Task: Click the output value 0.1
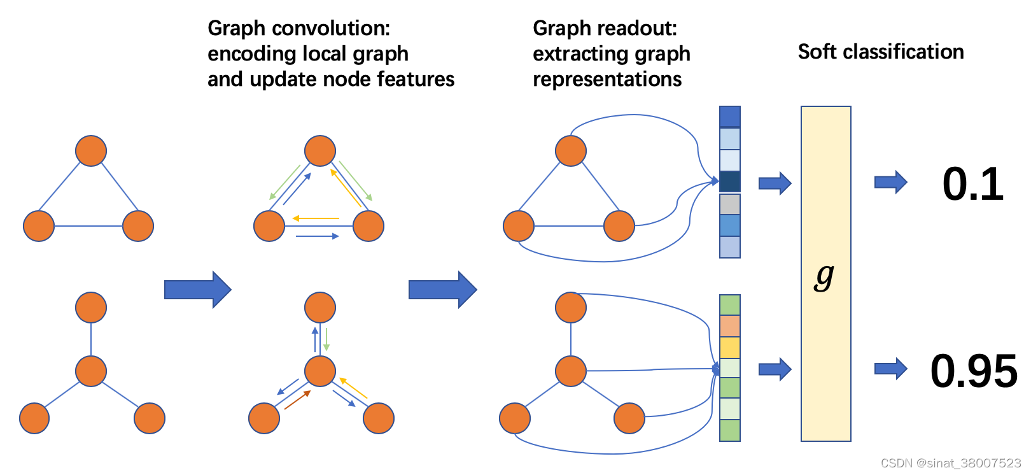972,185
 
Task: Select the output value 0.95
974,371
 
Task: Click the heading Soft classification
881,52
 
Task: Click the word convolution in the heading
331,28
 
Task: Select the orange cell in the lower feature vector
730,326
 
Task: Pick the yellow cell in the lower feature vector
730,348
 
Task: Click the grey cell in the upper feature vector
730,204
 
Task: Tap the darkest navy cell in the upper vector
730,182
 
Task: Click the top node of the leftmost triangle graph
91,150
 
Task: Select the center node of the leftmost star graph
91,371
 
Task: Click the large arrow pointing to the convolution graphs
198,290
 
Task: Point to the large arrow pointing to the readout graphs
443,290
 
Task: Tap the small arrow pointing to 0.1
890,182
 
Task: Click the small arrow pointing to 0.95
890,369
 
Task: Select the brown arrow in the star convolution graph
297,400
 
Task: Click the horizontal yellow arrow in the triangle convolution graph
316,218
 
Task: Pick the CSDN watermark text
951,463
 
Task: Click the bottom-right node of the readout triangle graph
619,226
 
